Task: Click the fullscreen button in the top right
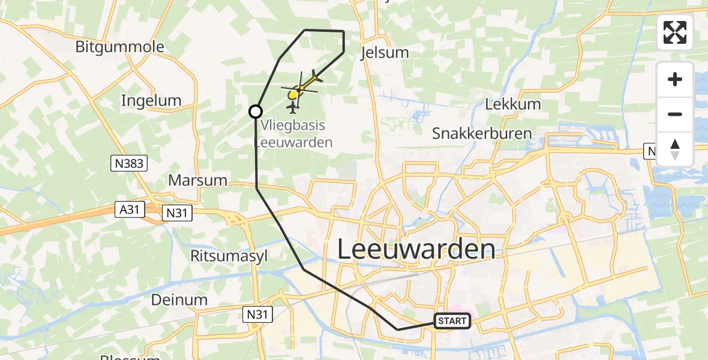[x=675, y=32]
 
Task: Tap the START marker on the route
[x=452, y=321]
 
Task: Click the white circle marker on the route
[x=256, y=112]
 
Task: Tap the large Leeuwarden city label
[x=416, y=249]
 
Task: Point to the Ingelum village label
[x=151, y=100]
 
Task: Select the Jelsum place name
[x=385, y=53]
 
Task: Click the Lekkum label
[x=512, y=104]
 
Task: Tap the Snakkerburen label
[x=482, y=133]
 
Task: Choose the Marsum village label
[x=198, y=180]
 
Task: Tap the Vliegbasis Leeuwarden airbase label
[x=293, y=134]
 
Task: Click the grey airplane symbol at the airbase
[x=292, y=108]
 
